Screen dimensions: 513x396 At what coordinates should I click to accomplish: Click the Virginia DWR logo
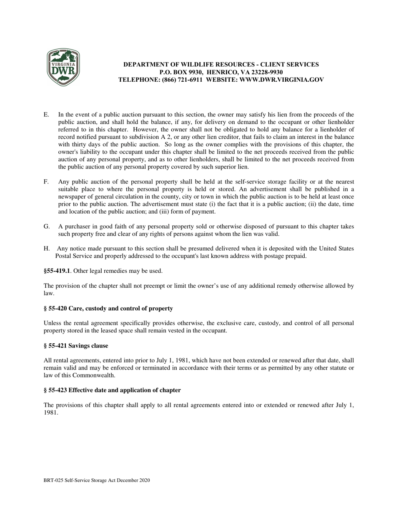(x=63, y=68)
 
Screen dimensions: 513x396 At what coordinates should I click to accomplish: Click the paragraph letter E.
(x=46, y=114)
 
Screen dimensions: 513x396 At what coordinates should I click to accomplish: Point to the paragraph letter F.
(x=46, y=181)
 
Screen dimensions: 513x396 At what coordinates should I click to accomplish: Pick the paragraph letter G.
(x=46, y=226)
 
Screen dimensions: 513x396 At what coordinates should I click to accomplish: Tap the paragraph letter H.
(x=46, y=249)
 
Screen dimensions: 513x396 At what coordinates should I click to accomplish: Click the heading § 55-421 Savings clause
(x=76, y=346)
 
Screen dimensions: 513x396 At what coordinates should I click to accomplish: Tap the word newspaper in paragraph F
(x=72, y=196)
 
